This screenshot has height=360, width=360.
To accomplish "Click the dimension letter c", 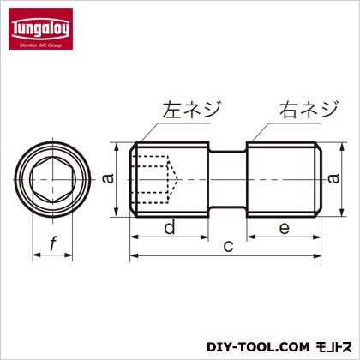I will (226, 246).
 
